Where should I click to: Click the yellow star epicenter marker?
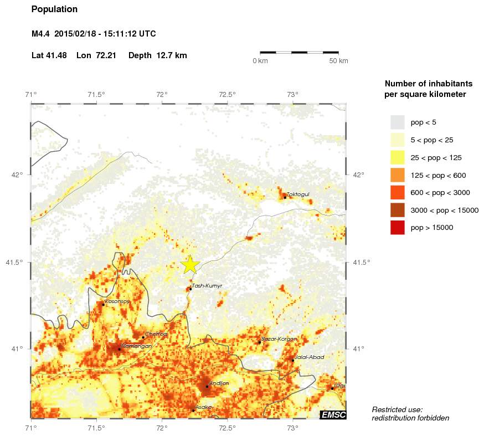(x=190, y=265)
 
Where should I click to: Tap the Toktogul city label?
(x=298, y=194)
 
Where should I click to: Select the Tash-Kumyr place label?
(x=207, y=286)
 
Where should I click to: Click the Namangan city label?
(x=136, y=346)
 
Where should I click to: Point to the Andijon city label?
(x=219, y=383)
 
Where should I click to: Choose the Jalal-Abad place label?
(x=310, y=357)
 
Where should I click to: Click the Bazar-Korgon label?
(x=279, y=338)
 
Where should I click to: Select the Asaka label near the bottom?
(x=203, y=407)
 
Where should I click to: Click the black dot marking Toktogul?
(x=285, y=197)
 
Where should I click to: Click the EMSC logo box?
(x=333, y=415)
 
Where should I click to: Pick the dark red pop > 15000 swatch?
(x=397, y=227)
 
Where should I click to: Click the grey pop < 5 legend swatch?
(x=397, y=122)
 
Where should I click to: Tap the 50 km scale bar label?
(x=338, y=61)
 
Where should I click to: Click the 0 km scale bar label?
(x=260, y=61)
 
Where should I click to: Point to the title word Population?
(x=54, y=9)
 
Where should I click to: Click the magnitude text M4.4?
(x=41, y=34)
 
